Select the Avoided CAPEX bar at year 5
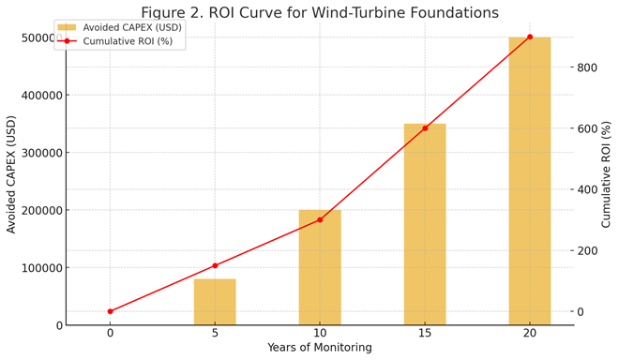[215, 302]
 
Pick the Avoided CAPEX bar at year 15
[425, 225]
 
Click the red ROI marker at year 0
[110, 311]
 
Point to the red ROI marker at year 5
[215, 265]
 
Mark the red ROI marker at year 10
[320, 219]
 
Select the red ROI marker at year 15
[425, 127]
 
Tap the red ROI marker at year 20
[530, 37]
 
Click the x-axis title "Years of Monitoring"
[320, 348]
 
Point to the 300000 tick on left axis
[38, 153]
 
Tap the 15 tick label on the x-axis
[425, 332]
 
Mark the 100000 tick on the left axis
[38, 268]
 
